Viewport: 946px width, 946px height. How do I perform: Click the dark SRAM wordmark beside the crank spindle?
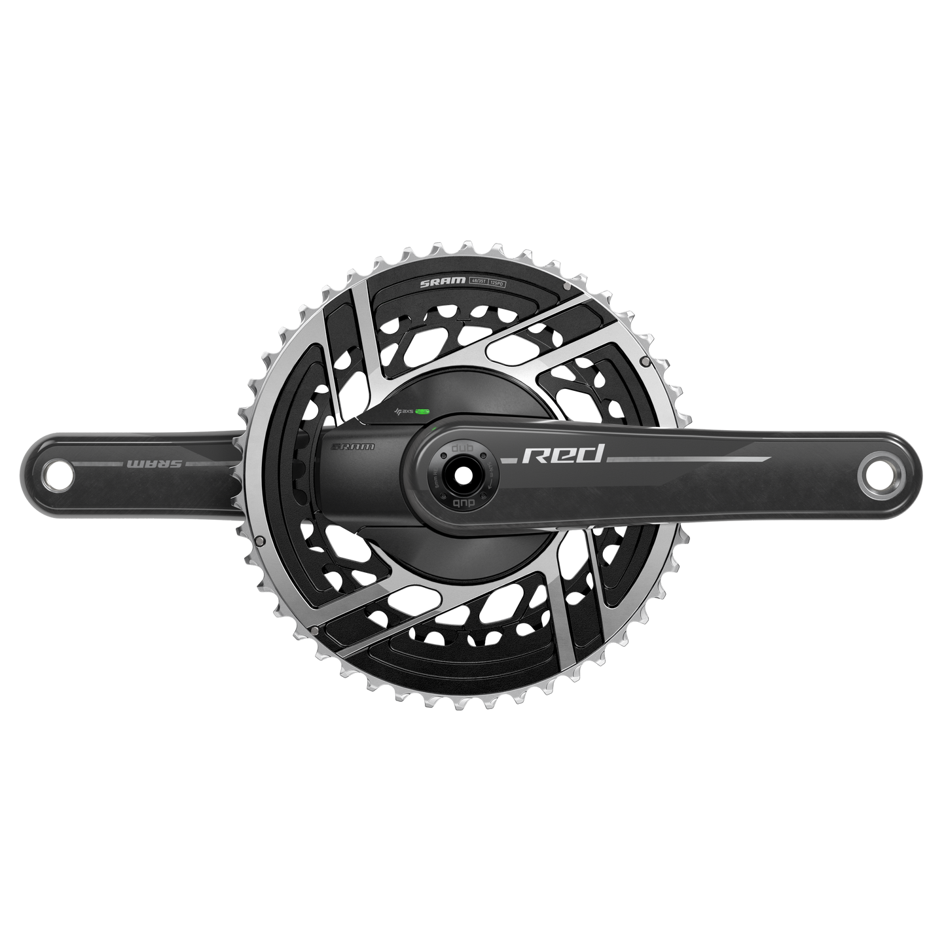(354, 448)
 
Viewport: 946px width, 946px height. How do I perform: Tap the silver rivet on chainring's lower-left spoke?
(315, 630)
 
